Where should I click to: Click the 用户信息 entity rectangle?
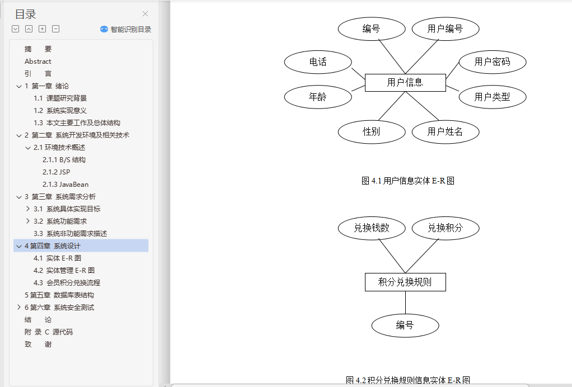point(405,83)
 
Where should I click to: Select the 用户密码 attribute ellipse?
point(492,62)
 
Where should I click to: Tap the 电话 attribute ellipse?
point(318,62)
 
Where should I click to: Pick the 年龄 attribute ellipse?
point(318,97)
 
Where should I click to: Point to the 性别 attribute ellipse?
point(372,131)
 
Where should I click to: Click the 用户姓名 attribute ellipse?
point(445,131)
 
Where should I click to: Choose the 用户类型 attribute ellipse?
point(492,97)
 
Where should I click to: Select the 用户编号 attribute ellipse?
point(445,29)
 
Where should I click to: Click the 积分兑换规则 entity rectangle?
point(405,282)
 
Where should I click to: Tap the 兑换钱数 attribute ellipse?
point(372,228)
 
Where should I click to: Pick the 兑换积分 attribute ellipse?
point(445,228)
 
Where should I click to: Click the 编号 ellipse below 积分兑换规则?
point(405,325)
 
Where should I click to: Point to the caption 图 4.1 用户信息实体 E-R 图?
point(407,181)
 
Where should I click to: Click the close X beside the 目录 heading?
point(146,14)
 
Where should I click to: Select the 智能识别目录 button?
point(126,29)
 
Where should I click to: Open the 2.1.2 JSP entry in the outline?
point(57,172)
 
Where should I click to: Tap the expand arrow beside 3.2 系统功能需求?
point(28,221)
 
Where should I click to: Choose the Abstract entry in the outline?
point(38,61)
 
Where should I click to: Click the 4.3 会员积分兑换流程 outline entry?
point(67,282)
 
